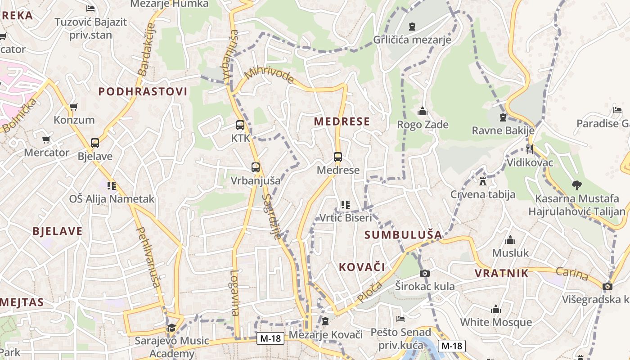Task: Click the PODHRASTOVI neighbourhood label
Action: pyautogui.click(x=143, y=92)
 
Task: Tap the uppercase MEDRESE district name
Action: pyautogui.click(x=342, y=121)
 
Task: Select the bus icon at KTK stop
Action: pyautogui.click(x=240, y=126)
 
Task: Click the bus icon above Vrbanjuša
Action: pyautogui.click(x=256, y=167)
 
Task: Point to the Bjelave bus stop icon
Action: pyautogui.click(x=95, y=143)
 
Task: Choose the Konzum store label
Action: pyautogui.click(x=74, y=120)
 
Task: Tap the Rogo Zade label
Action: pyautogui.click(x=423, y=125)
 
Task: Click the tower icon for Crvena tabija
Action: pyautogui.click(x=483, y=181)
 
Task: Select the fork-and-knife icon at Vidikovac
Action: pyautogui.click(x=530, y=149)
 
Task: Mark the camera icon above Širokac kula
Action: pyautogui.click(x=424, y=273)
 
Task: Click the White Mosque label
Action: pyautogui.click(x=496, y=322)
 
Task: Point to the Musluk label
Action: pyautogui.click(x=511, y=253)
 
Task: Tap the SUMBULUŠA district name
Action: pyautogui.click(x=403, y=234)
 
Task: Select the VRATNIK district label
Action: pyautogui.click(x=502, y=273)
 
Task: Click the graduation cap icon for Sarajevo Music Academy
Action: pyautogui.click(x=171, y=328)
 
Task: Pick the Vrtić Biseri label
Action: pyautogui.click(x=346, y=218)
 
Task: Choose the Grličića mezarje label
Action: pyautogui.click(x=412, y=40)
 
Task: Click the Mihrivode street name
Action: pyautogui.click(x=270, y=75)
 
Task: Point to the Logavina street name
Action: pyautogui.click(x=234, y=292)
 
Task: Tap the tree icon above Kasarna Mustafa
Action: pyautogui.click(x=576, y=185)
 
